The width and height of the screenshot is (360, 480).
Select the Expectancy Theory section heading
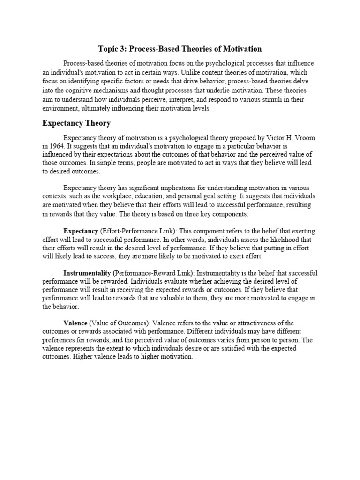(x=76, y=123)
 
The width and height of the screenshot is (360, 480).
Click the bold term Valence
(x=75, y=323)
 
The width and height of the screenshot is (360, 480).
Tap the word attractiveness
(x=253, y=323)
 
